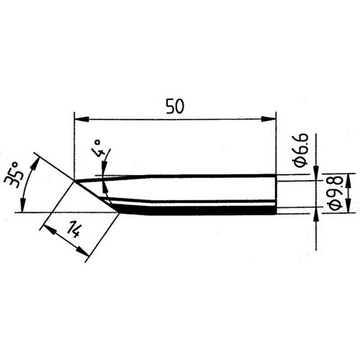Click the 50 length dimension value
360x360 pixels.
click(175, 107)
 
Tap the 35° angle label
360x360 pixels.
click(14, 176)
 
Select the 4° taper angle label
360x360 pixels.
click(99, 148)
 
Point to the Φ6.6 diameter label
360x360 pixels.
click(301, 150)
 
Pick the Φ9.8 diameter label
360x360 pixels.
click(335, 194)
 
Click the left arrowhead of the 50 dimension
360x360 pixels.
click(82, 119)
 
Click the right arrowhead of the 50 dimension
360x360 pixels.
click(269, 119)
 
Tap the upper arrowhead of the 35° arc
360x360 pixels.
click(35, 163)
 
